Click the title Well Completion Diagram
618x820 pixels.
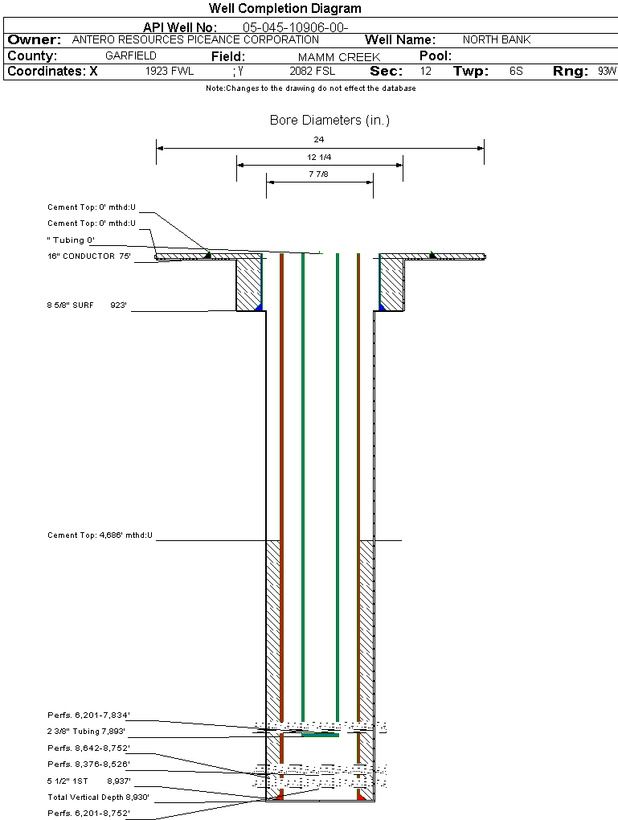(284, 9)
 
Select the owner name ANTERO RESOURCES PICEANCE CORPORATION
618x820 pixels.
(195, 39)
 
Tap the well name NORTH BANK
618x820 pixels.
(497, 39)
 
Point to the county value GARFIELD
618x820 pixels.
(131, 56)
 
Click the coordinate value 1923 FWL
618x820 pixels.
(170, 72)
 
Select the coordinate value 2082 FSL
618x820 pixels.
(313, 72)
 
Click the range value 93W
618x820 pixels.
(607, 72)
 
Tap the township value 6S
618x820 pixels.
(516, 72)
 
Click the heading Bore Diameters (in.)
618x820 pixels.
(329, 121)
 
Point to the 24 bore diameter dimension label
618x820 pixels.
(319, 139)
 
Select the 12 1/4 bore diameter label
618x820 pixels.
(319, 157)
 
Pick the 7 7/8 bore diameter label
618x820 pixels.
(319, 174)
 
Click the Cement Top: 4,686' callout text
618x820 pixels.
(100, 535)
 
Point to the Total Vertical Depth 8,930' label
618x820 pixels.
(99, 797)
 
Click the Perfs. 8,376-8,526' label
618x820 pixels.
(88, 764)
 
